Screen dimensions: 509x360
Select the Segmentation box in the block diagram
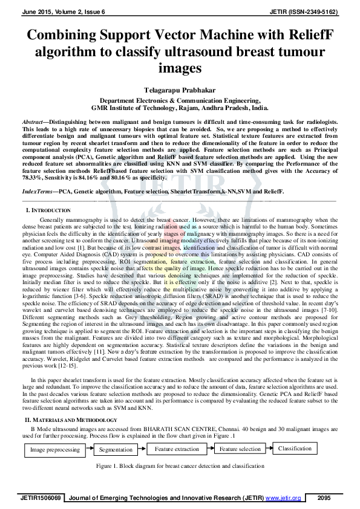point(116,450)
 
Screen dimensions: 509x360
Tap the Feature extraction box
point(177,449)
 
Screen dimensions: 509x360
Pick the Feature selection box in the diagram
point(240,449)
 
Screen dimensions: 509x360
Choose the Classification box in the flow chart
point(295,449)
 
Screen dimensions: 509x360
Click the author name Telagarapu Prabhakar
point(179,89)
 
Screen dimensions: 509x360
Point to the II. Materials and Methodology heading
point(70,420)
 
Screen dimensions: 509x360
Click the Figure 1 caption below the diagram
point(180,467)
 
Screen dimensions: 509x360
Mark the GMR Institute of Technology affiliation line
point(179,108)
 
